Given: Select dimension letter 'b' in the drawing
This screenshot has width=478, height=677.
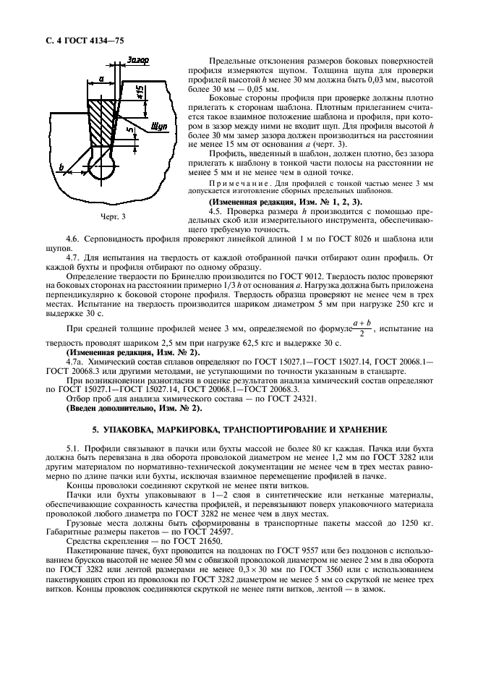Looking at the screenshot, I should click(62, 167).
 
